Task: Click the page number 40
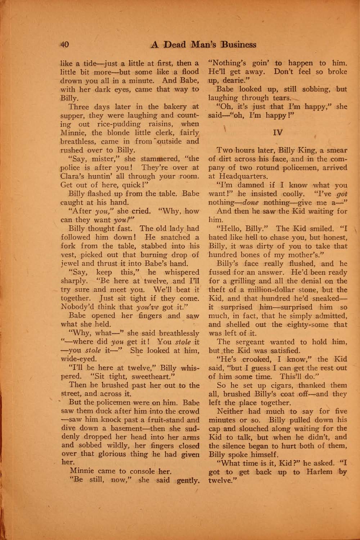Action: coord(65,45)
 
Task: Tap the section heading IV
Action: coord(278,132)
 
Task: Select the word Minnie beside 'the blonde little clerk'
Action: coord(73,133)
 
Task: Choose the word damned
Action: coord(251,185)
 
